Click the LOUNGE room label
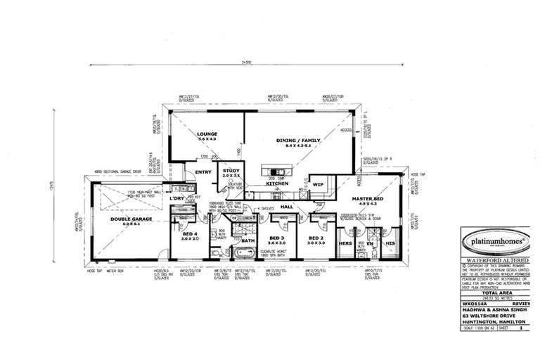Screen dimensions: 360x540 (207, 134)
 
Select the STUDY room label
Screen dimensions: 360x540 (231, 170)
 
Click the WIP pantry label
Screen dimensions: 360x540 (318, 184)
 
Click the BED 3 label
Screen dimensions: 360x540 (275, 238)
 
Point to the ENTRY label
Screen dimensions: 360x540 (203, 171)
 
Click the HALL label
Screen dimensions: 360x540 (287, 207)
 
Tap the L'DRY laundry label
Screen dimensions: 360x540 (176, 200)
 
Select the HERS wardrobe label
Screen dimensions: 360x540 (345, 243)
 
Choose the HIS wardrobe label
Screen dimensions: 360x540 (390, 243)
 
